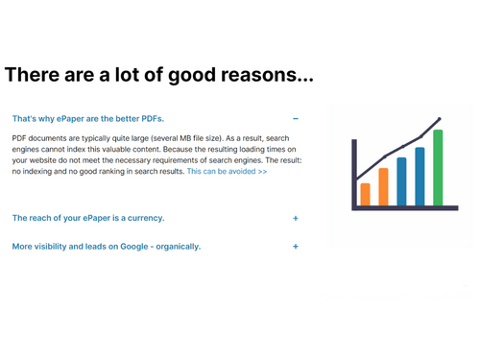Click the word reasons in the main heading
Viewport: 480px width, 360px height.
tap(267, 75)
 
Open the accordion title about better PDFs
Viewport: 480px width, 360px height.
tap(88, 119)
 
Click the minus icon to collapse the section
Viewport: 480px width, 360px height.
tap(296, 119)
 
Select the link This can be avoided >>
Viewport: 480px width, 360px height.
tap(227, 171)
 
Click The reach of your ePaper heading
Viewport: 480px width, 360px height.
tap(88, 218)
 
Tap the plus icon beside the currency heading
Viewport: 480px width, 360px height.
tap(296, 218)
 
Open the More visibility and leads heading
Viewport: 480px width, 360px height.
tap(107, 247)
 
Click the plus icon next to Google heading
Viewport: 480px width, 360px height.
tap(296, 247)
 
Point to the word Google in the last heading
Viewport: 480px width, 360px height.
tap(134, 247)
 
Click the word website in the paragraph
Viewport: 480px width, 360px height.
tap(43, 160)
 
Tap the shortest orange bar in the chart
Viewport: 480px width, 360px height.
tap(365, 194)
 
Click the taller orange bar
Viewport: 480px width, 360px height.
tap(383, 187)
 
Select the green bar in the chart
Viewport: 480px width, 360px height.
tap(438, 168)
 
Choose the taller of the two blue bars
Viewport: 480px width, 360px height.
tap(420, 177)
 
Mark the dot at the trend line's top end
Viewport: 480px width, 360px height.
tap(440, 119)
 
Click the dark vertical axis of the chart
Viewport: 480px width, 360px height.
tap(354, 175)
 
